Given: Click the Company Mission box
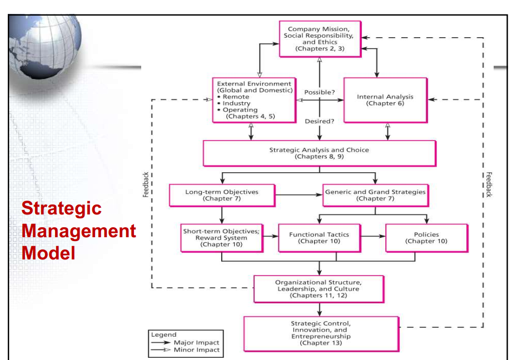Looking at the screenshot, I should point(320,38).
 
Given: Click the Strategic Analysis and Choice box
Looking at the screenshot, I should point(319,153).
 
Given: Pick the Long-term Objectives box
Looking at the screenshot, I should point(222,195).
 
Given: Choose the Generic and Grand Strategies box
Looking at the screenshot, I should point(375,195).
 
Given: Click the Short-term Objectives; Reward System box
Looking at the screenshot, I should point(221,237).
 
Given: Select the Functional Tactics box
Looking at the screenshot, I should point(319,238).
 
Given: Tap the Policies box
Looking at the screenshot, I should point(426,238).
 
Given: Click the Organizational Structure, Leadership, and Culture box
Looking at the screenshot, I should point(319,289).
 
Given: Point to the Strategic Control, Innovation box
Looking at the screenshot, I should point(321,333).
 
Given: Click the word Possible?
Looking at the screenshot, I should point(320,92).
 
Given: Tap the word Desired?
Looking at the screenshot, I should point(320,121).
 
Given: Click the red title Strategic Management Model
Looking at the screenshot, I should point(78,231).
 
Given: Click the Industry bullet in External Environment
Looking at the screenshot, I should point(236,103).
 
